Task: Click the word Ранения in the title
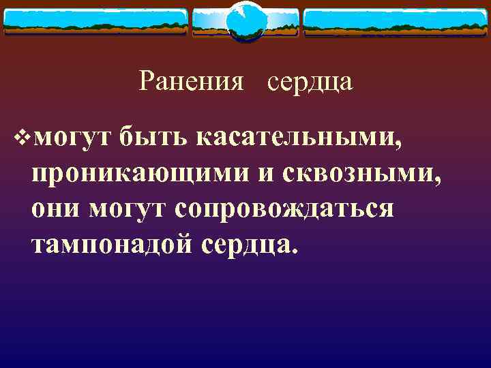pyautogui.click(x=192, y=82)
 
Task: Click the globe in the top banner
pyautogui.click(x=245, y=22)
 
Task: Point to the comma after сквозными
pyautogui.click(x=437, y=181)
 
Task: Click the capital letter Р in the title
pyautogui.click(x=147, y=82)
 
